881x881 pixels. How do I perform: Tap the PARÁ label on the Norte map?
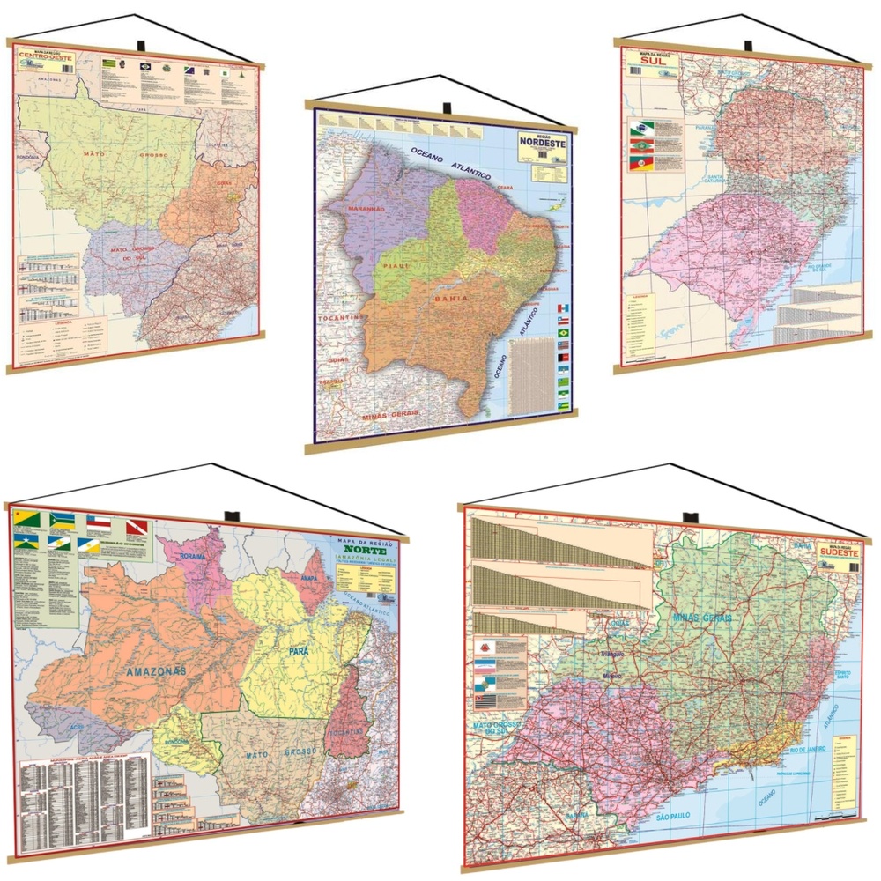[297, 653]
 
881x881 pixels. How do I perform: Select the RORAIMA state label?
[193, 558]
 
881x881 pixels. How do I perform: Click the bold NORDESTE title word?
[545, 143]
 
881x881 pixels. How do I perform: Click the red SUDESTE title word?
[836, 555]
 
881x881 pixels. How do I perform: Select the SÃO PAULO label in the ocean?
[676, 818]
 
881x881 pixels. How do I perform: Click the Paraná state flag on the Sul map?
[640, 129]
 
